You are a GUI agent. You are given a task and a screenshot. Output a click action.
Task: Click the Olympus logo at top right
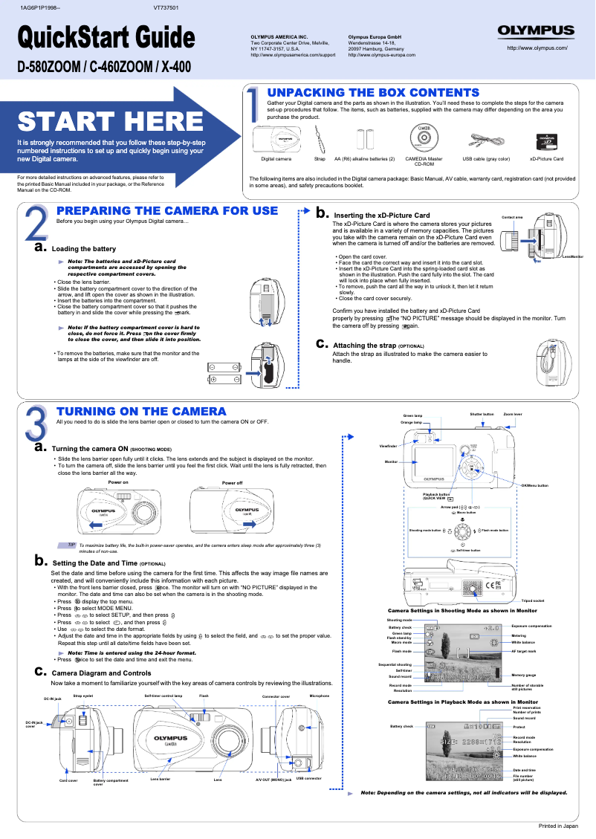[537, 31]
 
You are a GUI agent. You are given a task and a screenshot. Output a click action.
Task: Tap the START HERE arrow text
[111, 121]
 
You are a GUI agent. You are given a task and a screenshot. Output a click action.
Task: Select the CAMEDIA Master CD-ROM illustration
[424, 139]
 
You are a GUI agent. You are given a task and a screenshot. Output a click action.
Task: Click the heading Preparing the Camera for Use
[167, 211]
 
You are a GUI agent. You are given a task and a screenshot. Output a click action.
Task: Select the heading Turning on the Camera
[141, 411]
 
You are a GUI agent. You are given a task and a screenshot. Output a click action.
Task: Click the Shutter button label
[482, 414]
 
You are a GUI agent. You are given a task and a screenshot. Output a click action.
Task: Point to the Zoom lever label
[513, 414]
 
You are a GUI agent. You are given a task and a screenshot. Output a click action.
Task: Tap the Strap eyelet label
[82, 696]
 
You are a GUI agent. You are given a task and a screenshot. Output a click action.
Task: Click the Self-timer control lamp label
[163, 696]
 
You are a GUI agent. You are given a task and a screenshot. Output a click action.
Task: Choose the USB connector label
[308, 778]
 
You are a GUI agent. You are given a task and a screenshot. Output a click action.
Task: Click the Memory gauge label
[524, 675]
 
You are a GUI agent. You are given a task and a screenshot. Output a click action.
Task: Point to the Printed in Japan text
[558, 826]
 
